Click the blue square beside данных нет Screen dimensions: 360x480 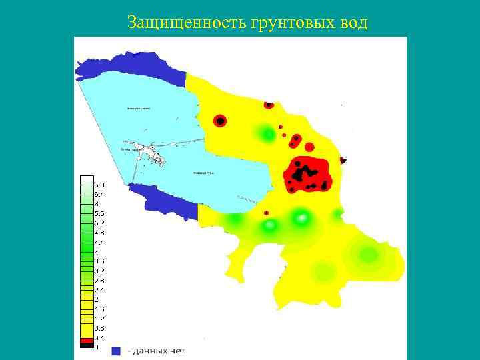[x=117, y=350]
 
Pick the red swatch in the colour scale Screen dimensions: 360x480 [x=87, y=341]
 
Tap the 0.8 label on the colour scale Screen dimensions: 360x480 [x=99, y=329]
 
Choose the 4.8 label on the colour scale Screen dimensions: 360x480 [x=99, y=233]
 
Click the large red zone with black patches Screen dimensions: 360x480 [x=307, y=175]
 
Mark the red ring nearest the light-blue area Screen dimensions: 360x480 [x=220, y=121]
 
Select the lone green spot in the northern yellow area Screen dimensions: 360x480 [x=267, y=133]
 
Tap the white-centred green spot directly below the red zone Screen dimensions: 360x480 [x=302, y=217]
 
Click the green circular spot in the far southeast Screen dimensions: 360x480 [x=367, y=254]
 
